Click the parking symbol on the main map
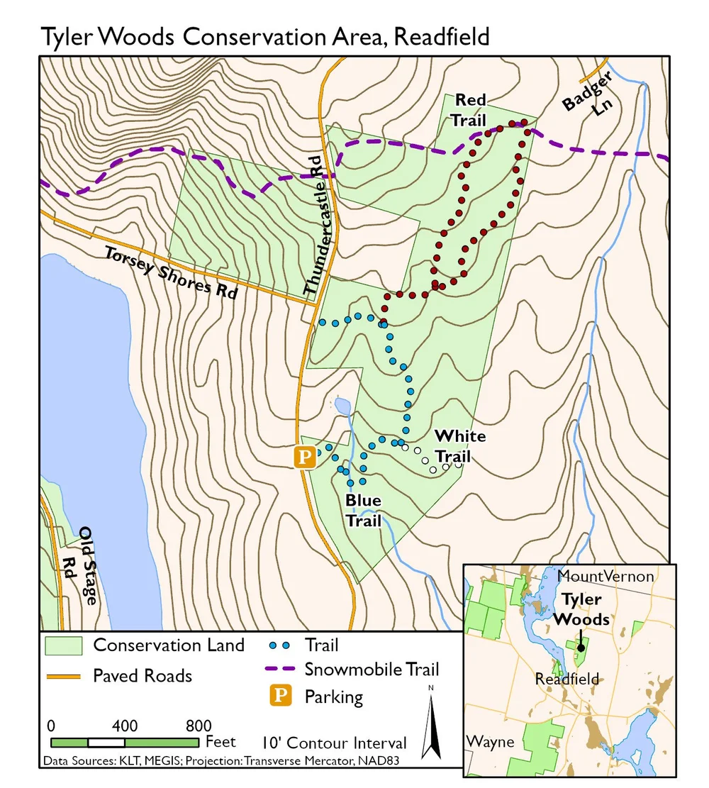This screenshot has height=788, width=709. (304, 457)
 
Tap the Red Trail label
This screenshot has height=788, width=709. (470, 110)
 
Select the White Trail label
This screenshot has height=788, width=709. (459, 445)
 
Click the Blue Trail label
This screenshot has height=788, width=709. (363, 511)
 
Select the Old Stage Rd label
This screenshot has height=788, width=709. (79, 565)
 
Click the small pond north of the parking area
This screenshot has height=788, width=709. (342, 406)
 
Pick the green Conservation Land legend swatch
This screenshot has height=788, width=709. (64, 645)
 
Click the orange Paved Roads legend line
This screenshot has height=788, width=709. (64, 675)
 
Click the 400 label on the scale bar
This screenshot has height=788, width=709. (125, 726)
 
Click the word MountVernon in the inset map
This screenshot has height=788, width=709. (605, 576)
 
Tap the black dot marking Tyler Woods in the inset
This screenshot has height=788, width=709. (581, 647)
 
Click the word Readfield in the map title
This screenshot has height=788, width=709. (441, 35)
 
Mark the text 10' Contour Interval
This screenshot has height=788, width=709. (334, 743)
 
